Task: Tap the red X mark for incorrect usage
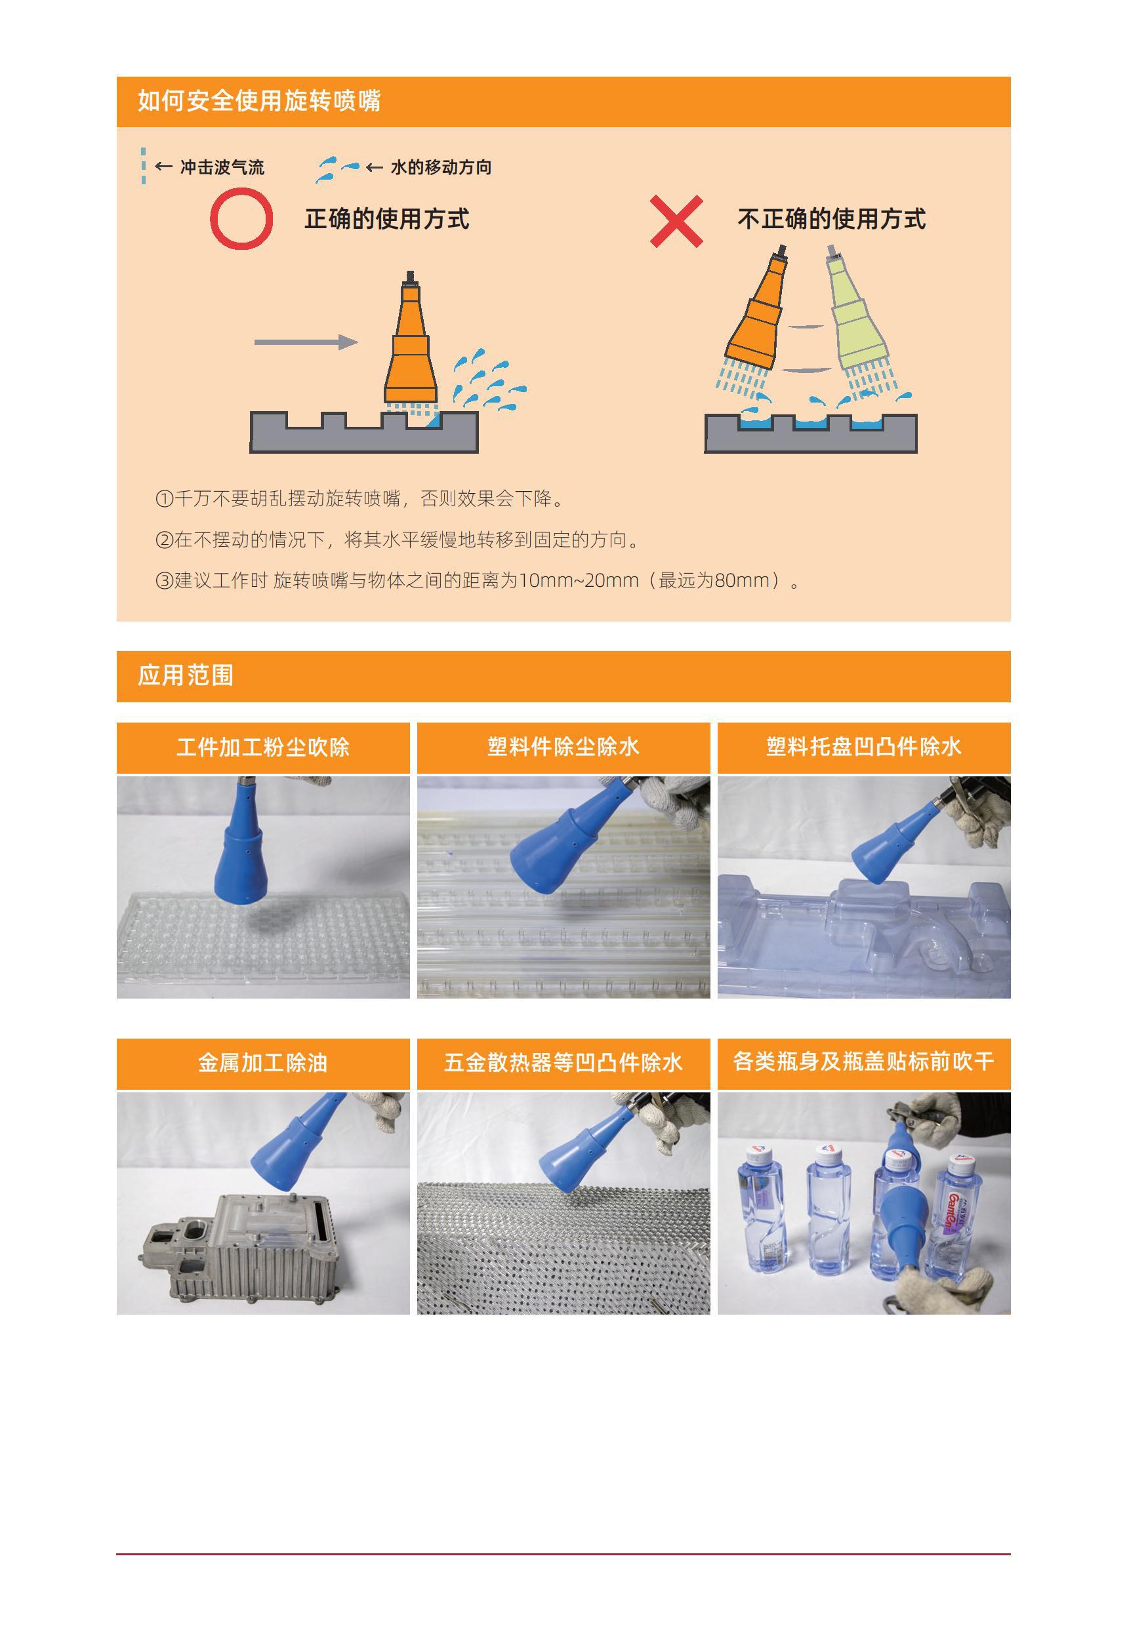pos(676,221)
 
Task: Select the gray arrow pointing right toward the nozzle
pos(306,342)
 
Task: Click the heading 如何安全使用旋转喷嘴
pos(259,101)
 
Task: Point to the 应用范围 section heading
pos(186,675)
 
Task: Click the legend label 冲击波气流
pos(222,167)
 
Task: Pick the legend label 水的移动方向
pos(441,167)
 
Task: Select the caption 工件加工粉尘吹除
pos(264,747)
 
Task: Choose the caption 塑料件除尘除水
pos(563,747)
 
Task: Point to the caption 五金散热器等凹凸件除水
pos(563,1063)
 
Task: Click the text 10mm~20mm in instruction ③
pos(579,581)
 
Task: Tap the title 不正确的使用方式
pos(831,220)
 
